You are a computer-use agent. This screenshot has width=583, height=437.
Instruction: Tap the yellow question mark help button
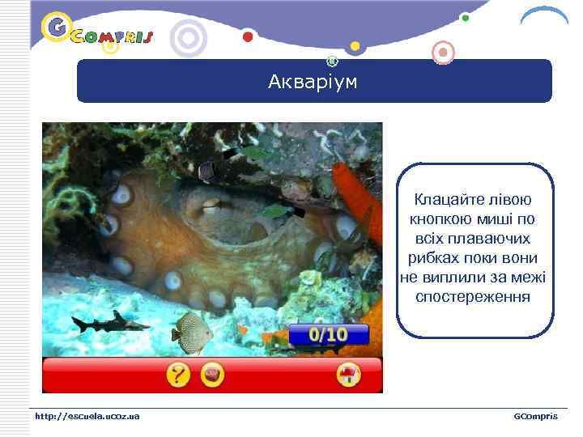coord(179,375)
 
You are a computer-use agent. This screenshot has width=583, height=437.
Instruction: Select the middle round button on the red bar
coord(213,375)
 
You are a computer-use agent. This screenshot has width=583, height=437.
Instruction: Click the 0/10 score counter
coord(328,333)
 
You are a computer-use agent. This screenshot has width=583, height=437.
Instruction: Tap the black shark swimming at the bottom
coord(109,323)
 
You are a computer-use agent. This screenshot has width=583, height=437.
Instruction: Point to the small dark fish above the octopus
coord(206,169)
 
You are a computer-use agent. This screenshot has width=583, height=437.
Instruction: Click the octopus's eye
coord(212,203)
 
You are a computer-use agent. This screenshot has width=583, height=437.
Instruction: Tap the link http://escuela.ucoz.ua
coord(87,416)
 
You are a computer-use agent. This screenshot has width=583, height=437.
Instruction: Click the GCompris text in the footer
coord(535,416)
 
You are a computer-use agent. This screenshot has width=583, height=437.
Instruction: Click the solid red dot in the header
coord(248,36)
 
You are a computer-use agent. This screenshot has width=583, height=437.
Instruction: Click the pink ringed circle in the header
coord(442,53)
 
